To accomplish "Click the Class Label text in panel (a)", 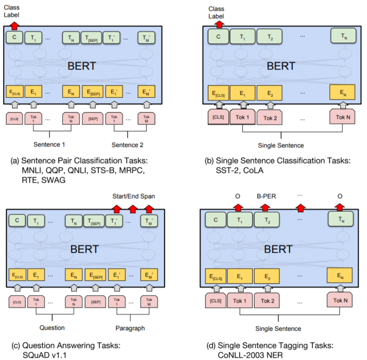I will pos(11,11).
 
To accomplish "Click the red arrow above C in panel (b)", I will pos(220,25).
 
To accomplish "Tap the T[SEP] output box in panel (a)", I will pos(91,38).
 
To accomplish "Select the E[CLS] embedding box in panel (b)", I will pos(218,93).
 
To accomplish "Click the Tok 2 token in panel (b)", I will pos(270,118).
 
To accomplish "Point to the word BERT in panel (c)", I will pos(84,249).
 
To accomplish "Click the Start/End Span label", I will pos(134,196).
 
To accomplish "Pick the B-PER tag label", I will pos(266,196).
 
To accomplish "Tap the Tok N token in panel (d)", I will pos(340,301).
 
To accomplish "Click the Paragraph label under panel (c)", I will pos(130,328).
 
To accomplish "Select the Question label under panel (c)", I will pos(52,328).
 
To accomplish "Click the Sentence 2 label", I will pos(127,145).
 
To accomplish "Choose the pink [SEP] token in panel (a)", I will pos(93,119).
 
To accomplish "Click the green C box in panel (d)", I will pos(215,220).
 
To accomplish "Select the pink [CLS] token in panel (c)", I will pos(17,302).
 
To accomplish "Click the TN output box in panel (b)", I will pos(343,36).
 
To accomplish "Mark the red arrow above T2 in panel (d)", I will pos(265,207).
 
